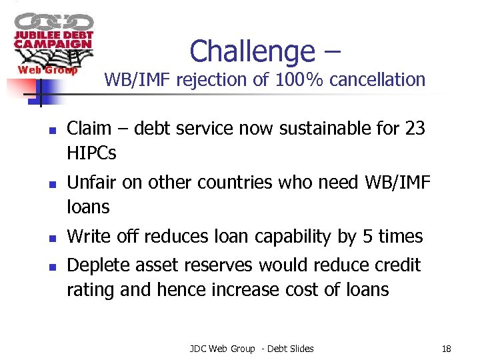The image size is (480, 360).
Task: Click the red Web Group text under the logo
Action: tap(47, 70)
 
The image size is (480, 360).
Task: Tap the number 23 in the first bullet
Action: tap(415, 127)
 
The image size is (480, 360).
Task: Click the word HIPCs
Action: tap(91, 153)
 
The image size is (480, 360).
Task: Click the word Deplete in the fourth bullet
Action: tap(99, 265)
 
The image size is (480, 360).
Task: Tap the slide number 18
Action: tap(447, 348)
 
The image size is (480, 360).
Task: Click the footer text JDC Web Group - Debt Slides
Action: tap(251, 348)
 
